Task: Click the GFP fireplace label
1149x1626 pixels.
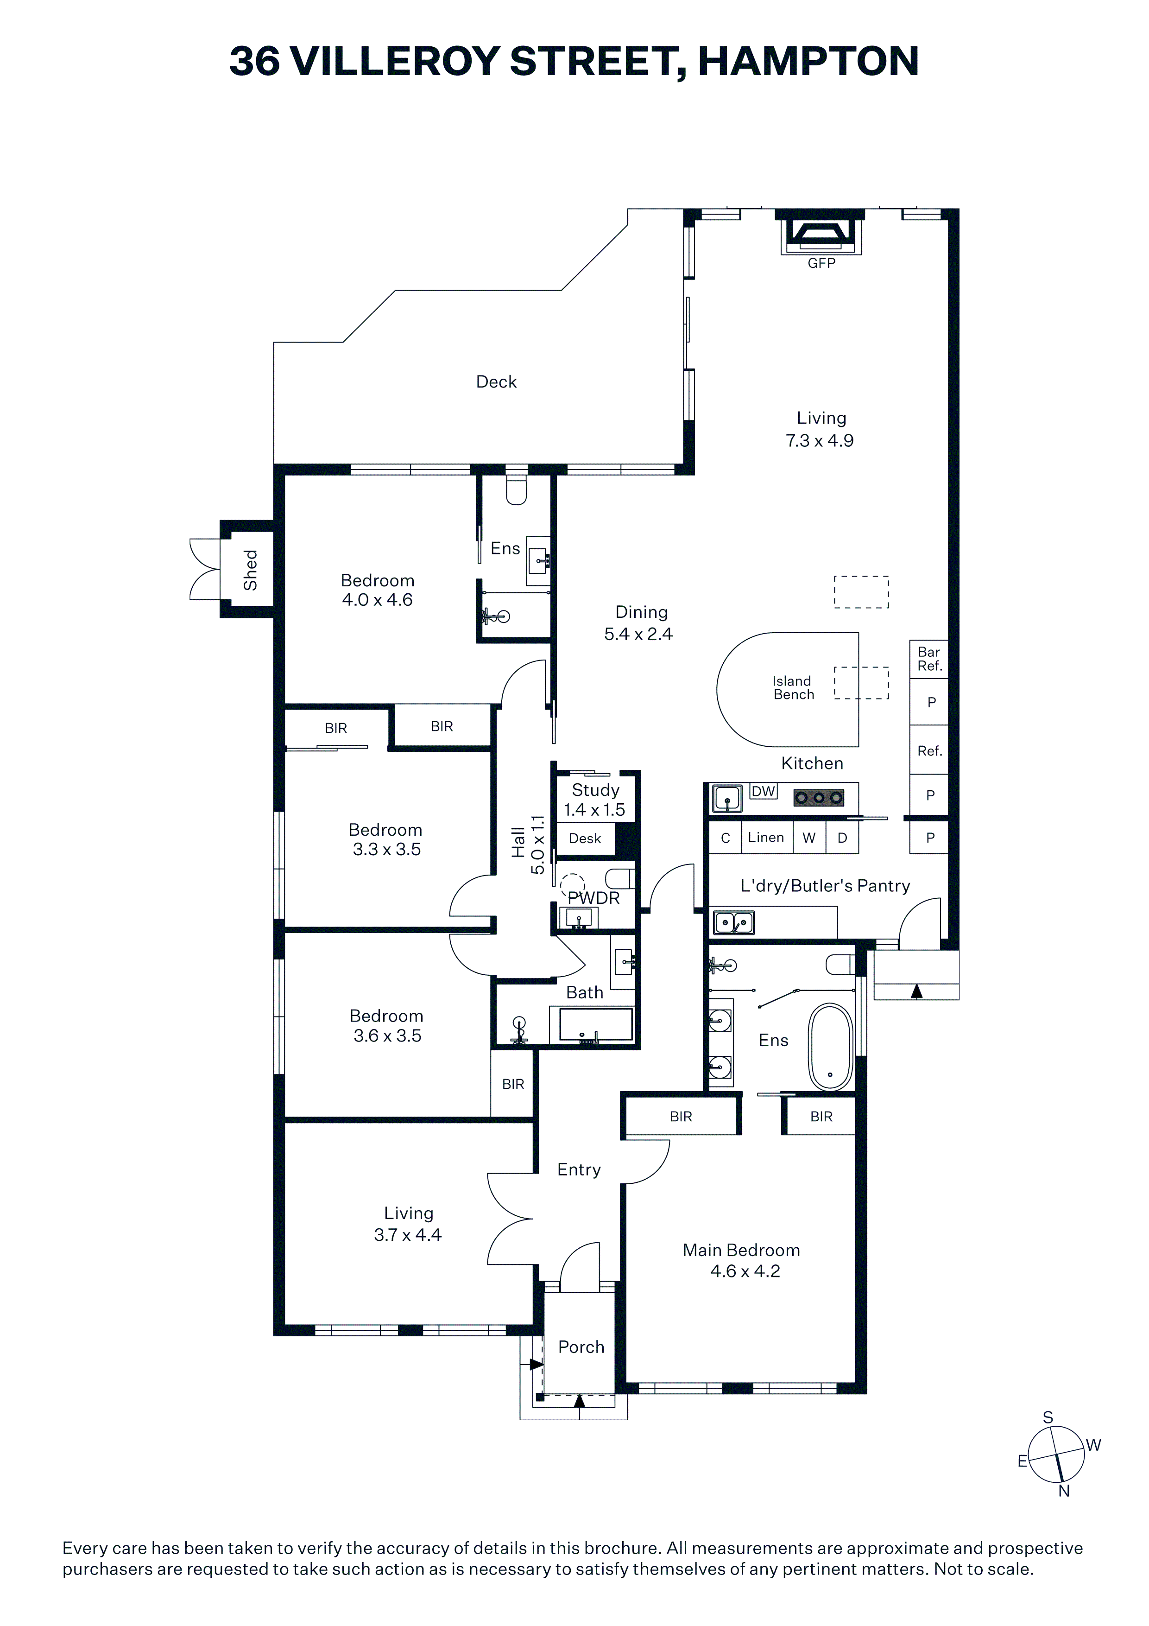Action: (x=821, y=263)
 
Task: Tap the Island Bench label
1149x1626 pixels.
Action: (x=793, y=688)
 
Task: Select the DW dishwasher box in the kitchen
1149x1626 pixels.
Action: (x=763, y=791)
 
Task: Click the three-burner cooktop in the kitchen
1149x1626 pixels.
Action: (x=819, y=798)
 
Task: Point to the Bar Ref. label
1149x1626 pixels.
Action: (x=929, y=659)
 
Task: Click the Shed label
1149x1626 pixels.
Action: (x=250, y=570)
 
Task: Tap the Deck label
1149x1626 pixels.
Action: (x=496, y=382)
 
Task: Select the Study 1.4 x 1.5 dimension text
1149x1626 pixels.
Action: (x=595, y=809)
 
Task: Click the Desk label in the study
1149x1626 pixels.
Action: (x=585, y=838)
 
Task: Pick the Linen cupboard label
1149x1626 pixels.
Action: (x=766, y=837)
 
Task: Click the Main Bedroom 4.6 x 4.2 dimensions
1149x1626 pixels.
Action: (x=745, y=1271)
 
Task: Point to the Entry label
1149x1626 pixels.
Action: (x=579, y=1170)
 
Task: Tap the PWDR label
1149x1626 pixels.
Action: (x=594, y=898)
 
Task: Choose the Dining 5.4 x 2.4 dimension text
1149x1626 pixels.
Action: (x=638, y=634)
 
